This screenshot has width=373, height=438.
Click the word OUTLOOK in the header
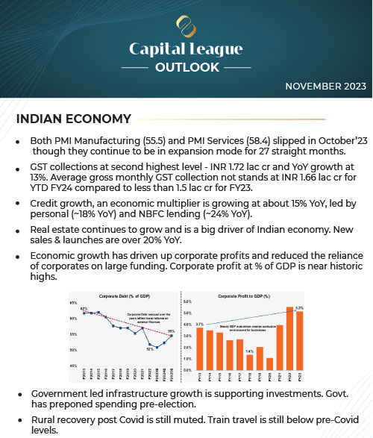186,67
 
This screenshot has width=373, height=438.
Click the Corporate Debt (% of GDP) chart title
122,296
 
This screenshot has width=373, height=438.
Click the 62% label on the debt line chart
84,307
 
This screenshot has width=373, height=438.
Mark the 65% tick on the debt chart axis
73,303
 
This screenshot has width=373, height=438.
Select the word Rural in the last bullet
43,419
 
